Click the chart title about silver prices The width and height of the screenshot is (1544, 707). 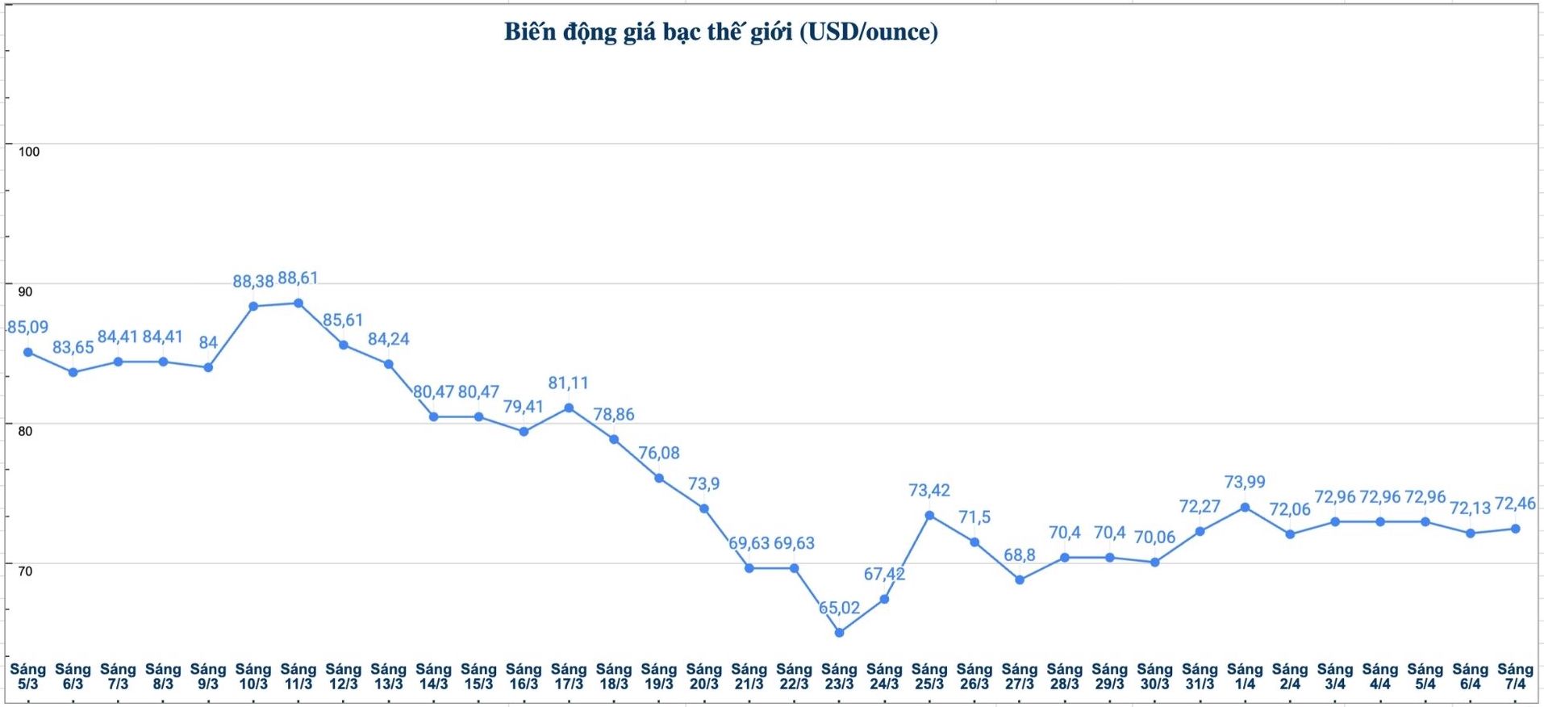pyautogui.click(x=720, y=32)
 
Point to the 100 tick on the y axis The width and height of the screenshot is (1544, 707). pyautogui.click(x=29, y=152)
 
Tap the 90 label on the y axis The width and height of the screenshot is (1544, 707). pyautogui.click(x=26, y=291)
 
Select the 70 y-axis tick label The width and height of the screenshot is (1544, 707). pyautogui.click(x=26, y=571)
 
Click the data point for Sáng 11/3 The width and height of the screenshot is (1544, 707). pyautogui.click(x=298, y=303)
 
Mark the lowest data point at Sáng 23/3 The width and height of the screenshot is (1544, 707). pyautogui.click(x=840, y=633)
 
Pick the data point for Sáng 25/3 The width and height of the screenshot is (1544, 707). pyautogui.click(x=930, y=516)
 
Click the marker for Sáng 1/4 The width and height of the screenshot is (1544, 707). pyautogui.click(x=1246, y=508)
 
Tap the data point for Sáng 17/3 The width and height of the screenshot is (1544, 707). pyautogui.click(x=570, y=408)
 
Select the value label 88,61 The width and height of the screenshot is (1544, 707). pyautogui.click(x=298, y=278)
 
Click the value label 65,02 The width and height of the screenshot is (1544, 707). pyautogui.click(x=840, y=608)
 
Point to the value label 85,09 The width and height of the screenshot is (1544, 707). pyautogui.click(x=28, y=328)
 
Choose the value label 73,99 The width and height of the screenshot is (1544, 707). pyautogui.click(x=1246, y=483)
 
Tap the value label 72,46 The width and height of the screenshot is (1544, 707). pyautogui.click(x=1516, y=504)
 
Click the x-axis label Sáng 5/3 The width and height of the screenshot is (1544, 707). pyautogui.click(x=28, y=676)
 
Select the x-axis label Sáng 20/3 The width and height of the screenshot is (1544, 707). pyautogui.click(x=704, y=676)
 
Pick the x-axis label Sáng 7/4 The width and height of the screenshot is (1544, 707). pyautogui.click(x=1516, y=676)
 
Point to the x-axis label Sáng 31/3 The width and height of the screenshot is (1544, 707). pyautogui.click(x=1200, y=676)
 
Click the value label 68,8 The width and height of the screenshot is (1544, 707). pyautogui.click(x=1020, y=555)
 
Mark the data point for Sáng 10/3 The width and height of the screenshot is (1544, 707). pyautogui.click(x=253, y=307)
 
